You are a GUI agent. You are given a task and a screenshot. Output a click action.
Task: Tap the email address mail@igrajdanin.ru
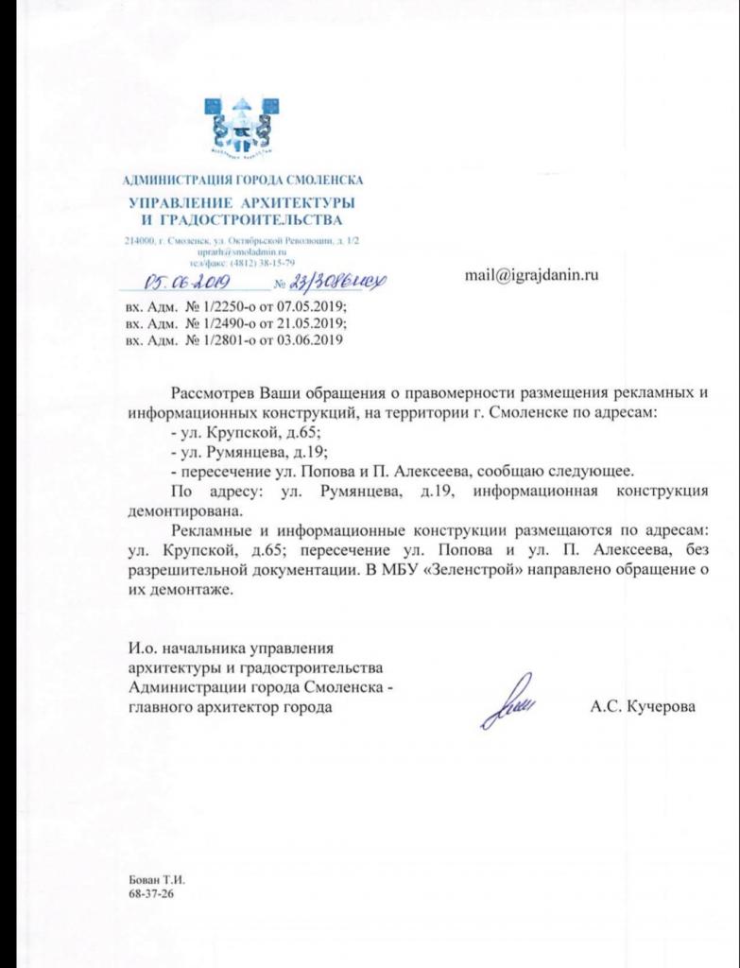[x=532, y=275]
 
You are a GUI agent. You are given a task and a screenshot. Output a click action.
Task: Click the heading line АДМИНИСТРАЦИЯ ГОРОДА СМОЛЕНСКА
[x=243, y=180]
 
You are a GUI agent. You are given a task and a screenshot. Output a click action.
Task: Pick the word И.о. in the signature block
[x=144, y=648]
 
